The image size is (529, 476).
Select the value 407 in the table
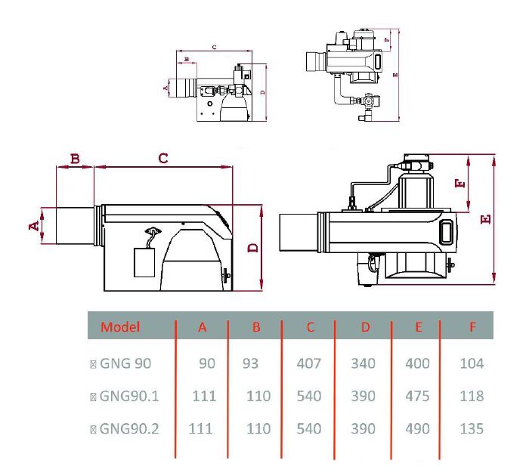pyautogui.click(x=308, y=363)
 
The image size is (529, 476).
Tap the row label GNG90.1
pyautogui.click(x=128, y=396)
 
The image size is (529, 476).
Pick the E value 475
pyautogui.click(x=416, y=396)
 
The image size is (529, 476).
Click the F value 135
pyautogui.click(x=472, y=428)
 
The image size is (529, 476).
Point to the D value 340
pyautogui.click(x=363, y=363)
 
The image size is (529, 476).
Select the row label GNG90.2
pyautogui.click(x=128, y=428)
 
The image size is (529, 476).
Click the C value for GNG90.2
pyautogui.click(x=308, y=428)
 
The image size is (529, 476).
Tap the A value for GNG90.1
pyautogui.click(x=204, y=396)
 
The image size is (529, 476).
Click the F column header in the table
pyautogui.click(x=472, y=327)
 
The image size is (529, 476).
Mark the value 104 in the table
pyautogui.click(x=472, y=363)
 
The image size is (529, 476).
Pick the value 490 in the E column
pyautogui.click(x=416, y=428)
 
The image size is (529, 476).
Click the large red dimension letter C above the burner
pyautogui.click(x=162, y=158)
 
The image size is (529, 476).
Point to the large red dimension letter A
pyautogui.click(x=33, y=226)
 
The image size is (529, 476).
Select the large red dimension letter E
pyautogui.click(x=485, y=218)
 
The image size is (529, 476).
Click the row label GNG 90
pyautogui.click(x=125, y=363)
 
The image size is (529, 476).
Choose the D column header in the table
pyautogui.click(x=365, y=327)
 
